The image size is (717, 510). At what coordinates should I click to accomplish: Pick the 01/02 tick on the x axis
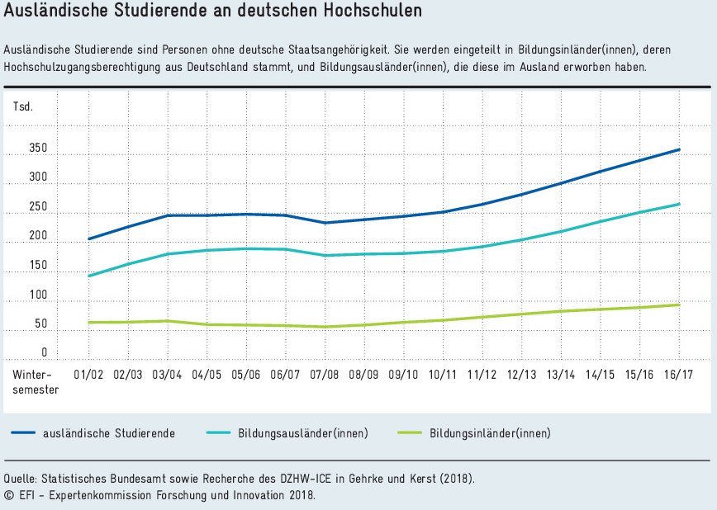pyautogui.click(x=88, y=374)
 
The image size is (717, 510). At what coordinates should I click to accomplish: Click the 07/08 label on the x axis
pyautogui.click(x=324, y=374)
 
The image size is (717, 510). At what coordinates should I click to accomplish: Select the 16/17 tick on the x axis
pyautogui.click(x=678, y=374)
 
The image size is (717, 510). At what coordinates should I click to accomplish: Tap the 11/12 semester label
pyautogui.click(x=482, y=374)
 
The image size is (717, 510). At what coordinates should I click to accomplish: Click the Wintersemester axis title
pyautogui.click(x=36, y=381)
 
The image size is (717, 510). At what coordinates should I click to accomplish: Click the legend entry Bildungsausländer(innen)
pyautogui.click(x=303, y=433)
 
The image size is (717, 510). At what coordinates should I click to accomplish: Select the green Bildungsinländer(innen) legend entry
pyautogui.click(x=490, y=433)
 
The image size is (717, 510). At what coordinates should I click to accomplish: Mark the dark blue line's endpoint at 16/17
pyautogui.click(x=679, y=149)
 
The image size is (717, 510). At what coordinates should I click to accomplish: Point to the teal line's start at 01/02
pyautogui.click(x=88, y=276)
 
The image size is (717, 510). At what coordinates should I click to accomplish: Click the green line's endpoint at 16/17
pyautogui.click(x=679, y=305)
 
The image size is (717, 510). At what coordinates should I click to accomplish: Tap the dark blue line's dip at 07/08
pyautogui.click(x=325, y=223)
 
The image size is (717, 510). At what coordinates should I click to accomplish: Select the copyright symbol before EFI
pyautogui.click(x=8, y=495)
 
